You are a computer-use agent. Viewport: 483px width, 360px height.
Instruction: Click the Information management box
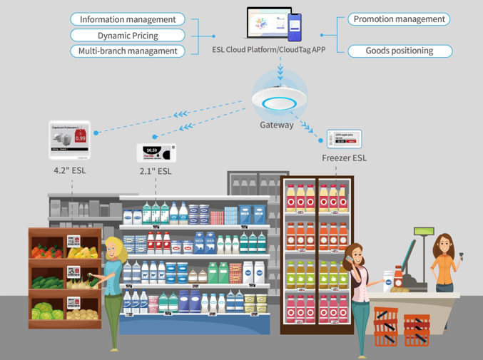point(128,19)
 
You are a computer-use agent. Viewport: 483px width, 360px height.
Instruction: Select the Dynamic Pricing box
point(128,35)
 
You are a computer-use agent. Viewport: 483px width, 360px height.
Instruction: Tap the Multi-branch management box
point(128,51)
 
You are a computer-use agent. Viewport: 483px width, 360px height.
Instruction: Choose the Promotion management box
point(399,19)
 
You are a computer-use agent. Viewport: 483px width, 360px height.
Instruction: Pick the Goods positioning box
point(400,51)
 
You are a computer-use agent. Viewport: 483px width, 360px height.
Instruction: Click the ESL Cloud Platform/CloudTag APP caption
point(269,50)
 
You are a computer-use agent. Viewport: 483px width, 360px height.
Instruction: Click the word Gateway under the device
point(277,125)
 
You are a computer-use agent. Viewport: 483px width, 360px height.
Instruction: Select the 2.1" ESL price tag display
point(156,153)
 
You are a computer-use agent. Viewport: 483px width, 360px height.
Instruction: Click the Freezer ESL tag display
point(344,139)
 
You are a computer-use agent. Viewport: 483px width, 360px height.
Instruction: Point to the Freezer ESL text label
point(344,158)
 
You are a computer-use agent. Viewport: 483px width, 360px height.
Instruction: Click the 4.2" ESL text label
point(69,170)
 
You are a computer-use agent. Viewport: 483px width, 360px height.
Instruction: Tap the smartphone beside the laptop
point(294,27)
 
